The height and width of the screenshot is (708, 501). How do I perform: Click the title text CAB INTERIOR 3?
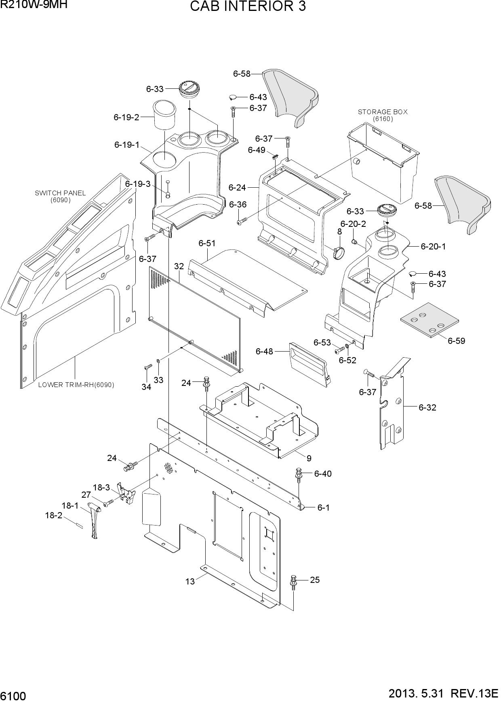pyautogui.click(x=247, y=7)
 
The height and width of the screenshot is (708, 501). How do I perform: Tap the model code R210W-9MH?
pyautogui.click(x=34, y=5)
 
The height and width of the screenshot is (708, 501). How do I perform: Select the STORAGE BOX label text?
pyautogui.click(x=383, y=112)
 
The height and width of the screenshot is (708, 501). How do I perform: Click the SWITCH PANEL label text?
pyautogui.click(x=60, y=193)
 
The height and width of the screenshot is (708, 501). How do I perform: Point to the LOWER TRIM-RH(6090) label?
pyautogui.click(x=76, y=385)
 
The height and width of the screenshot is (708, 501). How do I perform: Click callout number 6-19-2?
pyautogui.click(x=126, y=117)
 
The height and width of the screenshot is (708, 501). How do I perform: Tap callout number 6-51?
pyautogui.click(x=207, y=243)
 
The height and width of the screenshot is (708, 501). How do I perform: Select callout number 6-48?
pyautogui.click(x=264, y=351)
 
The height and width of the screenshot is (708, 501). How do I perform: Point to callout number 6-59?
pyautogui.click(x=456, y=341)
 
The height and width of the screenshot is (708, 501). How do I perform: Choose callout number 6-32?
pyautogui.click(x=427, y=407)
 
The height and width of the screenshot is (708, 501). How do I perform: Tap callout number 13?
pyautogui.click(x=190, y=581)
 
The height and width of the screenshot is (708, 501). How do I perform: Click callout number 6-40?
pyautogui.click(x=323, y=473)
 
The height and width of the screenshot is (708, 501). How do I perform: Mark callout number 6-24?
pyautogui.click(x=237, y=187)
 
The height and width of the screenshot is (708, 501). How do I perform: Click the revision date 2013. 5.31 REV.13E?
pyautogui.click(x=443, y=694)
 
